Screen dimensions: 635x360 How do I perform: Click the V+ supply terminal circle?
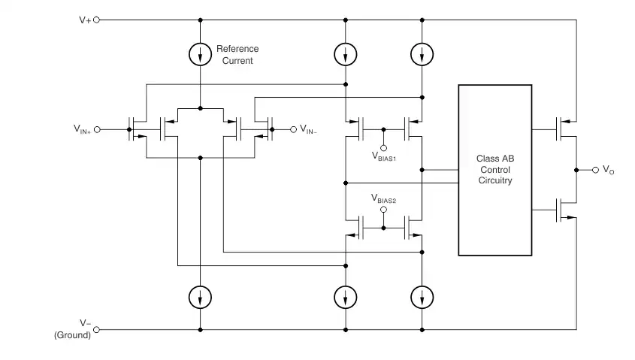pos(96,20)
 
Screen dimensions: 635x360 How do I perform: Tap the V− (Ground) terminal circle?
pos(96,330)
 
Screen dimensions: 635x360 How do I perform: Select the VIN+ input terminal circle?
pos(97,129)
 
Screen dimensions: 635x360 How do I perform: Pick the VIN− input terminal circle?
pos(294,129)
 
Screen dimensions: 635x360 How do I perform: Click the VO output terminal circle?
pos(595,170)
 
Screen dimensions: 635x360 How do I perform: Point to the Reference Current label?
pos(237,55)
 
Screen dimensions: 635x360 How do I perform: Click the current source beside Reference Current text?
pos(200,54)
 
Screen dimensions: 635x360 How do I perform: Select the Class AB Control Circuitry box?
pos(495,170)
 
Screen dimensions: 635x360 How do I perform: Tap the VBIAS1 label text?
pos(384,157)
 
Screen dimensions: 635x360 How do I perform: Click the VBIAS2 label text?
pos(383,198)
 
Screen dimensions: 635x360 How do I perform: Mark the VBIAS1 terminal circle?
pos(383,148)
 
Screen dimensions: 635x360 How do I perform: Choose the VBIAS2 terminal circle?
pos(383,210)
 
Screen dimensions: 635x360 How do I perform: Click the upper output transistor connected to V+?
pos(566,129)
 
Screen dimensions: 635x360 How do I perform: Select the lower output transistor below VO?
pos(566,210)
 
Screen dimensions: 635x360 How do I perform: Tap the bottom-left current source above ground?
pos(200,297)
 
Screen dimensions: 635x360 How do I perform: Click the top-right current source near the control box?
pos(422,54)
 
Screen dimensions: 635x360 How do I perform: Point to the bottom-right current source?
pos(422,297)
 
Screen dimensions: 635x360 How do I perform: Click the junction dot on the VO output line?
pos(576,170)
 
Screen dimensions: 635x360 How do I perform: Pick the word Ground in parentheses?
pos(72,335)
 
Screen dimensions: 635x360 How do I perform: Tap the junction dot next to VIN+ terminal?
pos(129,129)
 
